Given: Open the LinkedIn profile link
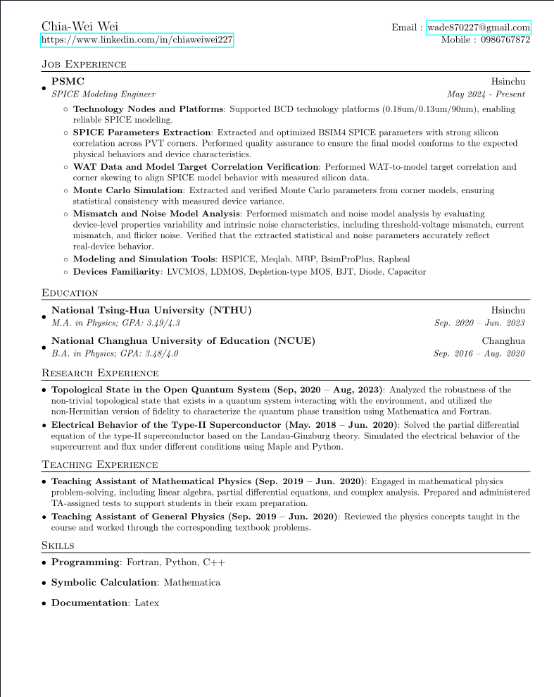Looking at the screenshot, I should coord(137,40).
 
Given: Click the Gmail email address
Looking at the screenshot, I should coord(479,27).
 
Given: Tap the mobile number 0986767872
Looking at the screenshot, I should coord(505,40).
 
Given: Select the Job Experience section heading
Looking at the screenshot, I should coord(84,65).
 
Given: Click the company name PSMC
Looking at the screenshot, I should coord(68,82).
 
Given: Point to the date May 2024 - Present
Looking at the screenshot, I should coord(486,94).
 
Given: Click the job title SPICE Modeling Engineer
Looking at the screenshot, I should coord(103,94).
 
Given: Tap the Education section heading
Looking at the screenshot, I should coord(70,293).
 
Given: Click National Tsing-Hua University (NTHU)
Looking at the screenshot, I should coord(151,310).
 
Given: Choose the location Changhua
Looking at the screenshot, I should coord(503,341).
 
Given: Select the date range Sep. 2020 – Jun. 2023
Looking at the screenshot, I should coord(479,323).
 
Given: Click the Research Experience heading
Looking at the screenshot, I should coord(100,373).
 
